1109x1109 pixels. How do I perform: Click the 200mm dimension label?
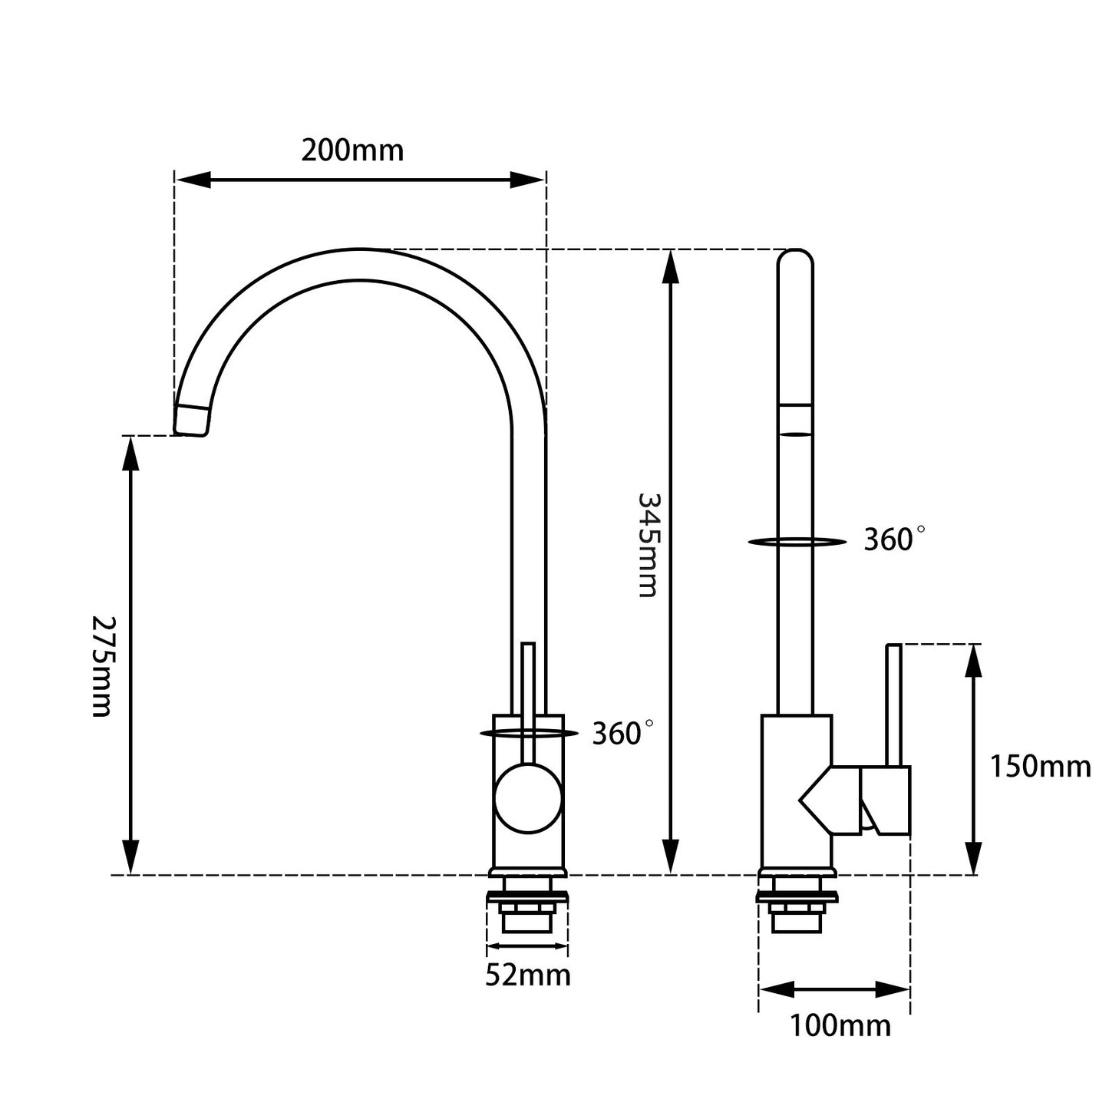352,150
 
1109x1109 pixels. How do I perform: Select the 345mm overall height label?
648,544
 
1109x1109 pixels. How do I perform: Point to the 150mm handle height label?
1040,766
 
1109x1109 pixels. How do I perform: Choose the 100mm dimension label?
840,1025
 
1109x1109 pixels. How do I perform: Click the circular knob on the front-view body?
528,800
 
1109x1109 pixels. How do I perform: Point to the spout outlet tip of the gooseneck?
191,420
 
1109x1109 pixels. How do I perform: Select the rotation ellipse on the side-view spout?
796,542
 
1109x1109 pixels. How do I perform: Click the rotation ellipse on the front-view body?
529,733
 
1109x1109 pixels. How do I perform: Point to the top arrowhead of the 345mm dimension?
671,266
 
